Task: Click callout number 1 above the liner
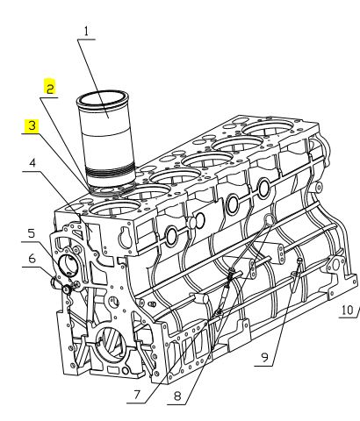86,32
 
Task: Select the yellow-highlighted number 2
50,88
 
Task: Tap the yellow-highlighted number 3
32,126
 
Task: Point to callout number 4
32,163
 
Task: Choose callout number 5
32,233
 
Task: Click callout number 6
32,259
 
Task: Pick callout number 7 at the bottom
137,395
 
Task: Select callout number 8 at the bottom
177,396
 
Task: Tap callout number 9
264,357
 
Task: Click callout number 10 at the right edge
348,310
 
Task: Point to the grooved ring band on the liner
111,173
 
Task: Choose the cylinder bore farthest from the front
270,126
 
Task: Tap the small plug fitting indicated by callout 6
67,289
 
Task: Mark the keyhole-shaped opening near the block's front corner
126,237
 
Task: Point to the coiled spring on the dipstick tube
231,275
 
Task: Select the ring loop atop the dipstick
270,219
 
